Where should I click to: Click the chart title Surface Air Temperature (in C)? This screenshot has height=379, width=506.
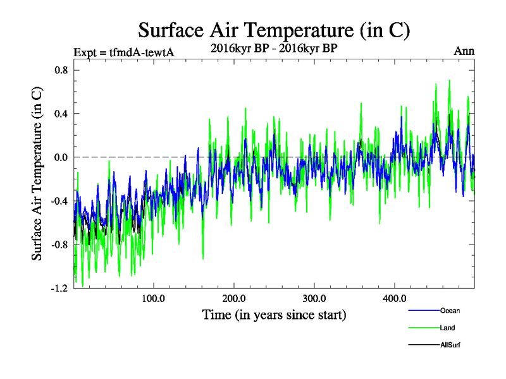pos(275,30)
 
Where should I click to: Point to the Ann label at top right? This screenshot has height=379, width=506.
pos(464,51)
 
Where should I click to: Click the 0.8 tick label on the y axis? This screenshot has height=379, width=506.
pos(61,70)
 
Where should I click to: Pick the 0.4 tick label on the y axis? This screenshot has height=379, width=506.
pos(61,114)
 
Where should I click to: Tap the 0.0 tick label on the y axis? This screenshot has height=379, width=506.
pos(61,157)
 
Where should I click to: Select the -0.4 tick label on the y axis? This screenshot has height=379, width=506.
pos(59,201)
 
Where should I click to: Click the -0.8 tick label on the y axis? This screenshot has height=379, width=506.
pos(59,244)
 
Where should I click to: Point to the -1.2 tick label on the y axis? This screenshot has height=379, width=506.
pos(59,288)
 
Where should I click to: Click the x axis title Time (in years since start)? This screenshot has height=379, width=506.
pos(274,314)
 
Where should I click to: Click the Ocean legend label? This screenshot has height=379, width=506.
pos(450,310)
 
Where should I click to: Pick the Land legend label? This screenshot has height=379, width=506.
pos(447,328)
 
